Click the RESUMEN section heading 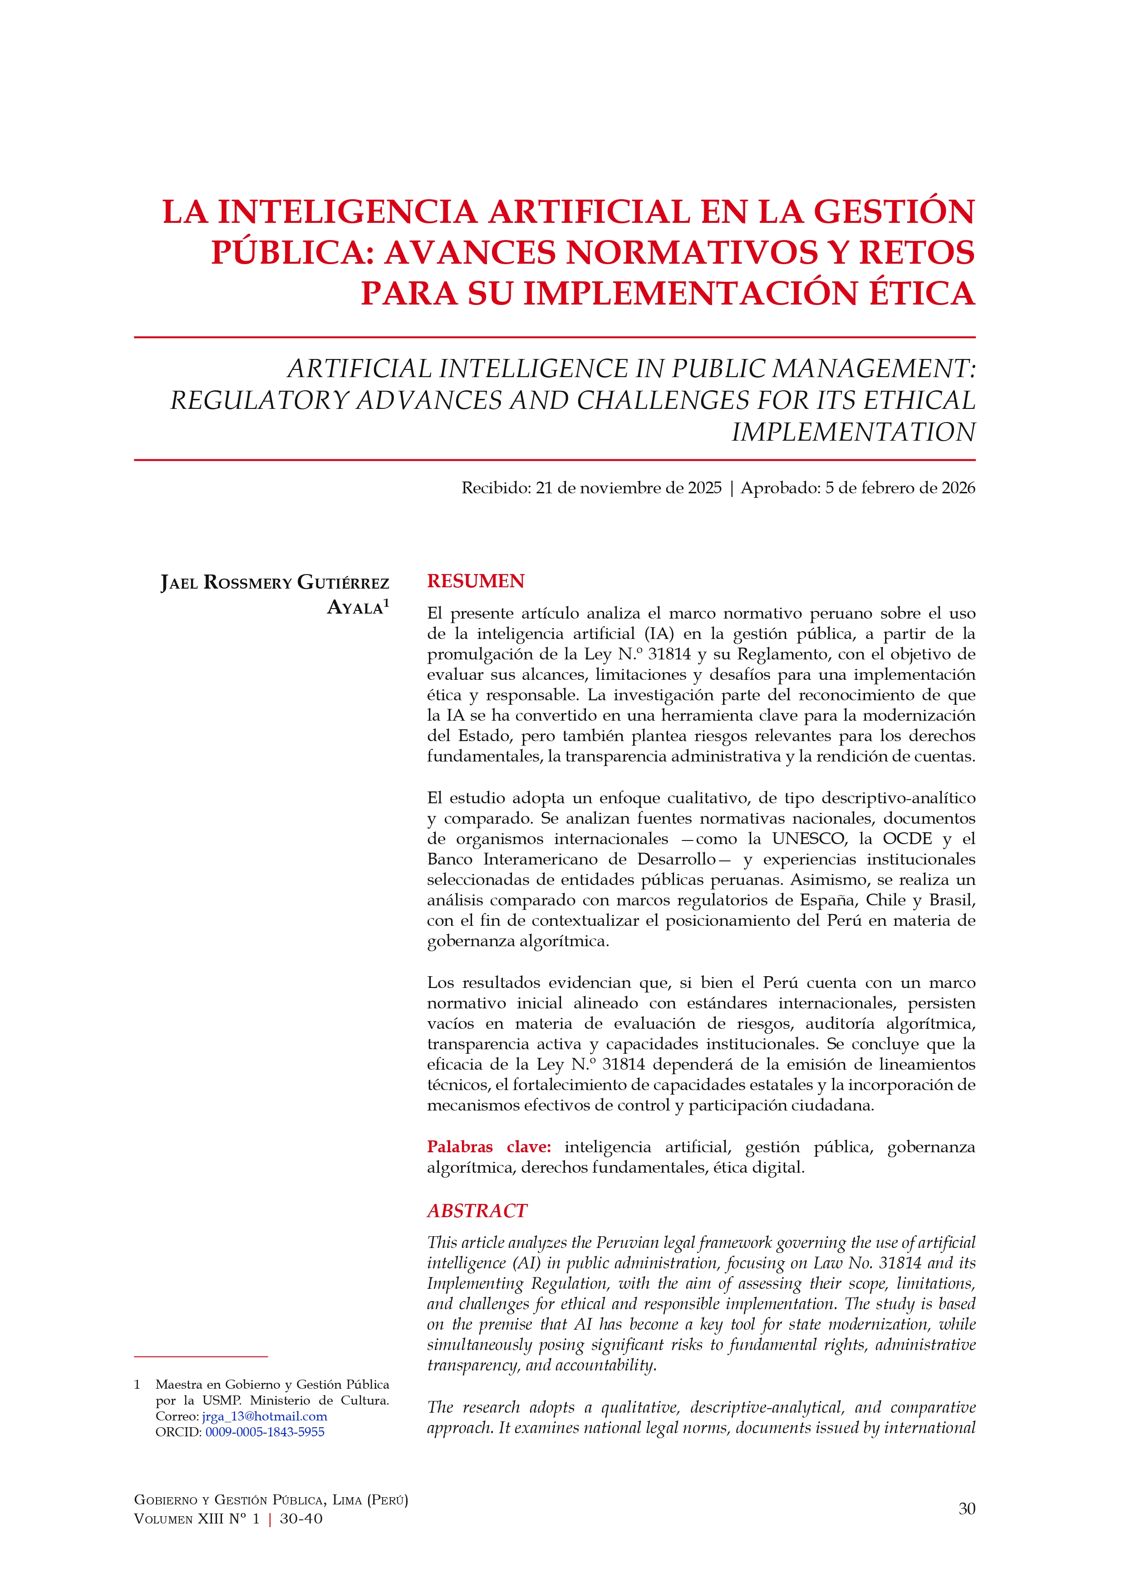pos(476,581)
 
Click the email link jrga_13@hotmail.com pos(265,1416)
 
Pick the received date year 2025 pos(705,488)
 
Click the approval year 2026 pos(958,488)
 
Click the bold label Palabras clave pos(489,1147)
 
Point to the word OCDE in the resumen pos(907,839)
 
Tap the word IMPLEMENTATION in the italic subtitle pos(853,432)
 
